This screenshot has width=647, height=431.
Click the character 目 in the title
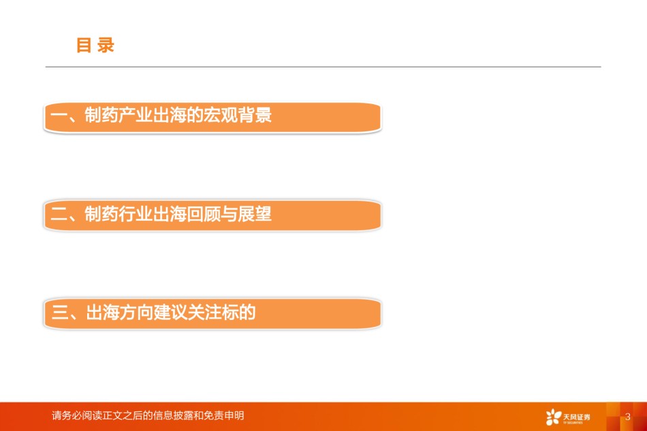pos(84,45)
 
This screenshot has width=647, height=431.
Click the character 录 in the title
pos(106,45)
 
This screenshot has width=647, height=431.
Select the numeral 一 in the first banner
pos(59,116)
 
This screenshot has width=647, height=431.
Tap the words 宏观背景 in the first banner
pos(238,115)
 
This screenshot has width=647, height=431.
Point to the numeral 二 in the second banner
pos(59,214)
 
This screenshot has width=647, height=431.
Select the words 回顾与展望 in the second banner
pos(229,214)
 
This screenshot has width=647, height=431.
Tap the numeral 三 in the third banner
pos(60,313)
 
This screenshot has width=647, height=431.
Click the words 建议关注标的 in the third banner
pos(205,313)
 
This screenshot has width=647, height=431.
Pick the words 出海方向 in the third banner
pos(120,313)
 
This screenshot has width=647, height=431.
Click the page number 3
pos(628,417)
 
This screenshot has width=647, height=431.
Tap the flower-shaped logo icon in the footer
pos(553,417)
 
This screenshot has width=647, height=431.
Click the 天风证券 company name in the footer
pos(576,417)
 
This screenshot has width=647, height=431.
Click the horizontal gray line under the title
pos(323,67)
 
